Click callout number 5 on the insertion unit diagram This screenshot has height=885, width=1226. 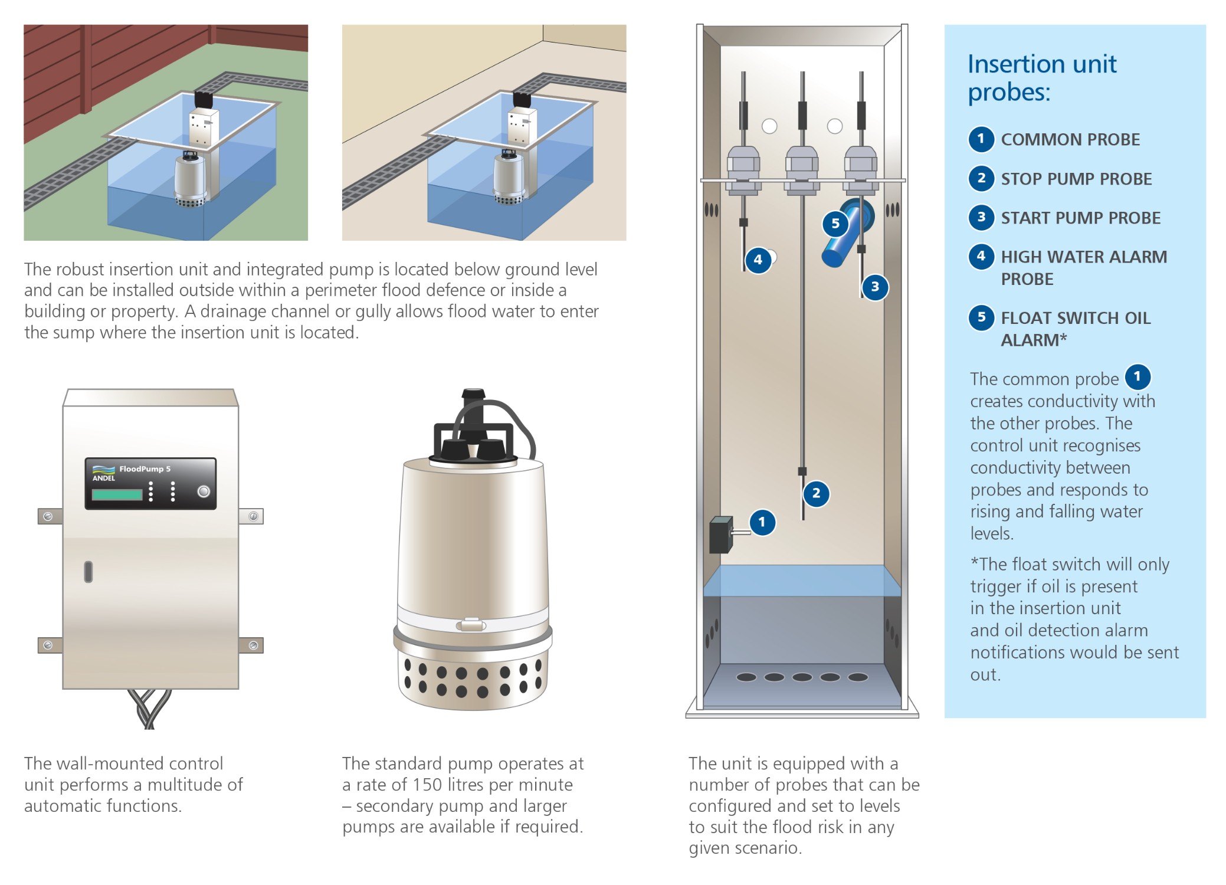point(835,224)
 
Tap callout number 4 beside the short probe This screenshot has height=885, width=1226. point(758,260)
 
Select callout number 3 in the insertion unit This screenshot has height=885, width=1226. point(875,287)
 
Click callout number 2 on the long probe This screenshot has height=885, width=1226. point(816,493)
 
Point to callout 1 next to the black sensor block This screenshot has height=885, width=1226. point(762,522)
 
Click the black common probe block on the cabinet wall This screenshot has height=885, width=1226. point(720,535)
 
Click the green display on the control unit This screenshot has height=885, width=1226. point(117,494)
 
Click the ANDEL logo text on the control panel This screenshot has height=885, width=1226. point(103,478)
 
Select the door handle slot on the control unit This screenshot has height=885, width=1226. point(88,572)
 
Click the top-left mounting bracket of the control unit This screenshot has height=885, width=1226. point(50,516)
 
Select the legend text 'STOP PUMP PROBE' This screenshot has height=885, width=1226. point(1076,179)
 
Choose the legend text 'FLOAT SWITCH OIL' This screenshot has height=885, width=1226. point(1076,318)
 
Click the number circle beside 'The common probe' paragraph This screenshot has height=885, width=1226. point(1138,377)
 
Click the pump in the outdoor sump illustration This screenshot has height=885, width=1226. point(191,179)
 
